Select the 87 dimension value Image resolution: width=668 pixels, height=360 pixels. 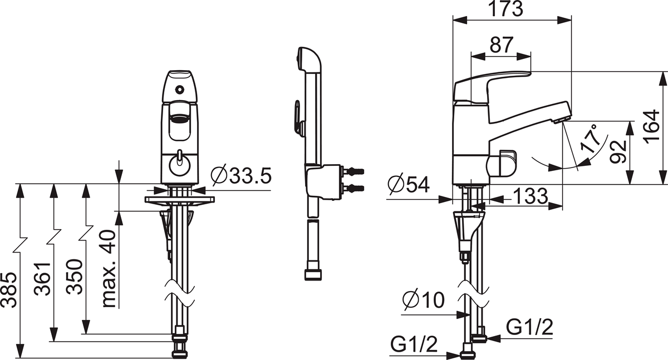[502, 45]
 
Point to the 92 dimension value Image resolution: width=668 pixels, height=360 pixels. [617, 152]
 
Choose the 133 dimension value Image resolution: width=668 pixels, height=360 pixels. [530, 196]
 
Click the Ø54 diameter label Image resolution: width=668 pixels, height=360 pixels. [409, 185]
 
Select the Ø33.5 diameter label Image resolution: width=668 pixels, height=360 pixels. [241, 175]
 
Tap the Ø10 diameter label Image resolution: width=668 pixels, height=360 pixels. [423, 299]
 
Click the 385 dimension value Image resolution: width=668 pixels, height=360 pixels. [8, 290]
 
